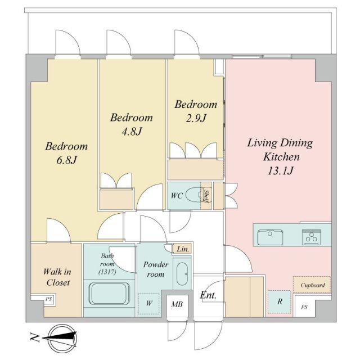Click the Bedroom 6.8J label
[66, 153]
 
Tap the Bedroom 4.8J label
[131, 124]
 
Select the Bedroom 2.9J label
[195, 111]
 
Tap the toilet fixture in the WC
[195, 195]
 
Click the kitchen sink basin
[271, 237]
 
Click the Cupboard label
[312, 285]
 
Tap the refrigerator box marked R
[279, 301]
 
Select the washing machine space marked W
[149, 303]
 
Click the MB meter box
[177, 304]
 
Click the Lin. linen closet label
[183, 249]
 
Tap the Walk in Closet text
[56, 277]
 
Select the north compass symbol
[61, 337]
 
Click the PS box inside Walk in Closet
[48, 300]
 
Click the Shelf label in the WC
[206, 196]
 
